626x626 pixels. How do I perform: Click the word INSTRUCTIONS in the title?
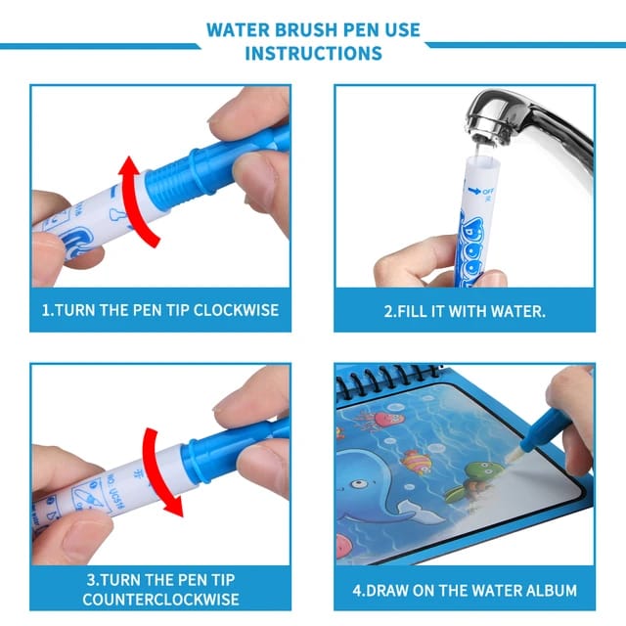[313, 53]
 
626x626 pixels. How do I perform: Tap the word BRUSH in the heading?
[308, 29]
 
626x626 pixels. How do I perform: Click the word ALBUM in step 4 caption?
[544, 591]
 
